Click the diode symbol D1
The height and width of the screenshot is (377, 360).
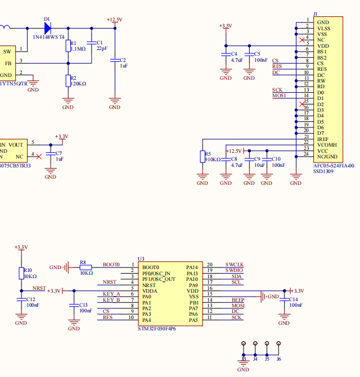click(x=47, y=27)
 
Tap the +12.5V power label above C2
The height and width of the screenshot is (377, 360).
click(x=114, y=20)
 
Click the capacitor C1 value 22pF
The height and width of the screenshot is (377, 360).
click(x=102, y=49)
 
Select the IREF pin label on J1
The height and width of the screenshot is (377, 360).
click(x=322, y=139)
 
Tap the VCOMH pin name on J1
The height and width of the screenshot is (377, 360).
click(x=327, y=145)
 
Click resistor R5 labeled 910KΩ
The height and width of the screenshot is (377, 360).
click(x=202, y=157)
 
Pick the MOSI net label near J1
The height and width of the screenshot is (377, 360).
click(x=280, y=96)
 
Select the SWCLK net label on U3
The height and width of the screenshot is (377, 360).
click(x=235, y=265)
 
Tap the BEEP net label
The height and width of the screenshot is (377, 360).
click(x=238, y=300)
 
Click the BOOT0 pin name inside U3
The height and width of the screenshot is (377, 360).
click(x=151, y=267)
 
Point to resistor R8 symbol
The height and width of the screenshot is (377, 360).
click(x=85, y=267)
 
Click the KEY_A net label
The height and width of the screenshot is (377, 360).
click(x=111, y=294)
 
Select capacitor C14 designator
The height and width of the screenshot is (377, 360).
click(x=293, y=299)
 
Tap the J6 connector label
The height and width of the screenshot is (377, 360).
click(x=278, y=358)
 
